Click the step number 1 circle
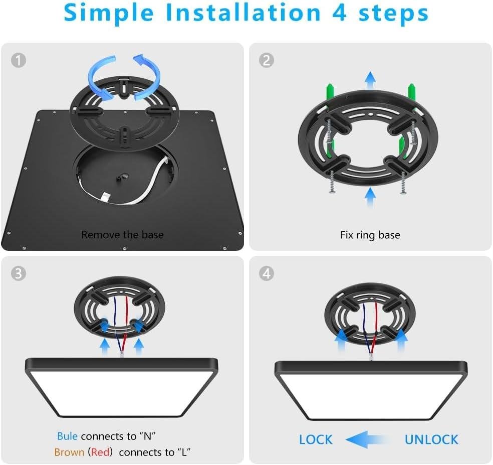(x=19, y=60)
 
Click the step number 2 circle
(x=267, y=60)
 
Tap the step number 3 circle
(x=19, y=273)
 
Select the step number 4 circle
(x=267, y=273)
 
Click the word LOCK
(x=316, y=439)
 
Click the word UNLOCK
(x=431, y=439)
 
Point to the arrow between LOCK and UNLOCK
(x=366, y=439)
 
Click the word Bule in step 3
(x=67, y=436)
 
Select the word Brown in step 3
(x=69, y=452)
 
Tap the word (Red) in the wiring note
(x=100, y=452)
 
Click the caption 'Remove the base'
(x=122, y=235)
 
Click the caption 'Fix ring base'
(x=370, y=235)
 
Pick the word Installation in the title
(x=243, y=13)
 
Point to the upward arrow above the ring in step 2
(x=370, y=80)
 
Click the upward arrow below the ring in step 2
(x=370, y=197)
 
